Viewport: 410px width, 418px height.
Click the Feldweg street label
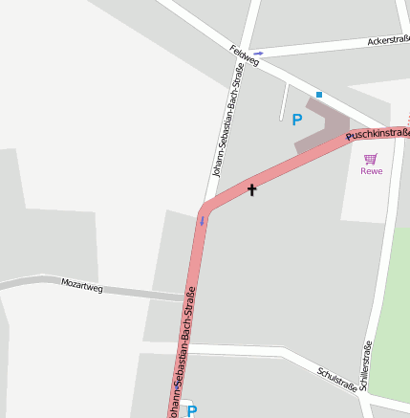coord(245,56)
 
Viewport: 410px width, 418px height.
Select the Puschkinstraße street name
coord(378,133)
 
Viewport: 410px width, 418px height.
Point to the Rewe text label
coord(371,171)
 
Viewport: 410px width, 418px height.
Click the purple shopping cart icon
coord(371,158)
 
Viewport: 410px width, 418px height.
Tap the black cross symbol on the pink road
coord(252,189)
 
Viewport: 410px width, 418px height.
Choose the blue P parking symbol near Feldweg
coord(296,120)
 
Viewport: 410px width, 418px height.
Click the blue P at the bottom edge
coord(192,411)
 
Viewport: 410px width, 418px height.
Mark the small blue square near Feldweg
coord(319,95)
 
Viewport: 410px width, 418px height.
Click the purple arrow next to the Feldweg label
coord(258,54)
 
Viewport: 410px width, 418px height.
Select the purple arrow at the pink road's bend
coord(202,221)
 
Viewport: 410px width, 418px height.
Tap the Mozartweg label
coord(81,283)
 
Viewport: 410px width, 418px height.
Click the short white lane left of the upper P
coord(284,102)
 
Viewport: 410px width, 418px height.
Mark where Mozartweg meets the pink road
coord(185,297)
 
